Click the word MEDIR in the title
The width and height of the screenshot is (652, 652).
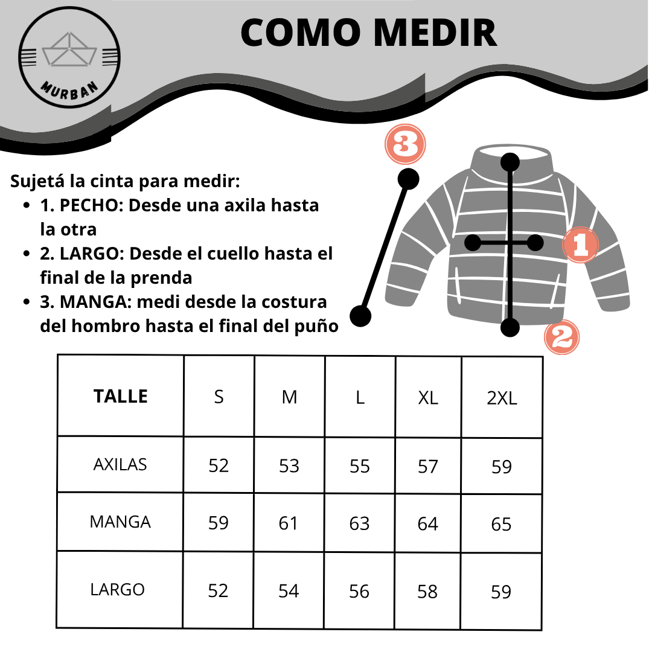coord(429,33)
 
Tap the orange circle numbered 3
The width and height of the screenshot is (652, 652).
coord(406,145)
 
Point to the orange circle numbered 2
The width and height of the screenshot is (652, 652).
coord(562,337)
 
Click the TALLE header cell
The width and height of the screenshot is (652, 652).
coord(121,397)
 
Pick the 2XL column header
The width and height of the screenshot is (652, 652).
coord(502,398)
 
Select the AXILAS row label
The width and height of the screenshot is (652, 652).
coord(120,465)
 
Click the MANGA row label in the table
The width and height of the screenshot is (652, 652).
coord(120,522)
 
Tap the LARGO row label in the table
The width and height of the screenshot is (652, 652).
coord(118,589)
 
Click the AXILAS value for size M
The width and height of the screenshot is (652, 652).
coord(289,466)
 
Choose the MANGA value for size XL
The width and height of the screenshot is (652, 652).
coord(427,523)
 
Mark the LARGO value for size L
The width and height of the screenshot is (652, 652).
coord(359,592)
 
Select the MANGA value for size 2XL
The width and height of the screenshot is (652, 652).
coord(501,524)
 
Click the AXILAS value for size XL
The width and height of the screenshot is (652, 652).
coord(427,466)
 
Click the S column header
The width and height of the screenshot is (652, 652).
coord(219,397)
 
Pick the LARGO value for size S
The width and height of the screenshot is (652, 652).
coord(218,590)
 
